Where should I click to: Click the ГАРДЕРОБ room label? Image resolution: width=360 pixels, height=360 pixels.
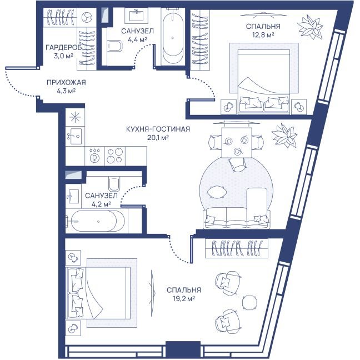(63, 48)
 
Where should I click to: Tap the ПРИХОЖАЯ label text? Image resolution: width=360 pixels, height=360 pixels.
(66, 82)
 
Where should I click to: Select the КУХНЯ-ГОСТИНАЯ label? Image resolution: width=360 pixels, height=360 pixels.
(158, 129)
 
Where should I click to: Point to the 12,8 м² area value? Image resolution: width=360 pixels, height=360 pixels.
(263, 35)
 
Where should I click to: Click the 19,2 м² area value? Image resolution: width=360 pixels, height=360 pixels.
(184, 299)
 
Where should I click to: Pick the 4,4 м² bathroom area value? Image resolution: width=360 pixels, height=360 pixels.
(137, 39)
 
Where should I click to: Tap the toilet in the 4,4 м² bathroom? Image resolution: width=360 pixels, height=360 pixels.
(114, 46)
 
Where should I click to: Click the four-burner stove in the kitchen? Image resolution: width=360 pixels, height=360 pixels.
(115, 156)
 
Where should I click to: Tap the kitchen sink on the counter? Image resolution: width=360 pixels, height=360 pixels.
(75, 136)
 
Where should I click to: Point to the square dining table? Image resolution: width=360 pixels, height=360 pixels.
(237, 143)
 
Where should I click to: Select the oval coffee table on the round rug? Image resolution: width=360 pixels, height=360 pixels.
(217, 192)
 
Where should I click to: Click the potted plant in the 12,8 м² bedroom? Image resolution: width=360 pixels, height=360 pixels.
(310, 27)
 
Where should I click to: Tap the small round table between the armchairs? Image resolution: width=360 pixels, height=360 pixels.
(250, 302)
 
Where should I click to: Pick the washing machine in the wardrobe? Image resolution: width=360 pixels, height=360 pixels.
(87, 17)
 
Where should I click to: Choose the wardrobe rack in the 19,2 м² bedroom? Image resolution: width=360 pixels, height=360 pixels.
(237, 248)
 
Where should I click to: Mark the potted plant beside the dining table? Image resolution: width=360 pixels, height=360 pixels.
(284, 136)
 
